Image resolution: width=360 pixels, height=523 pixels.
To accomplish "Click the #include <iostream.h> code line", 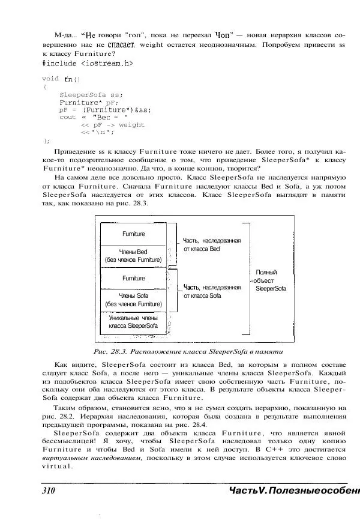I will (x=88, y=62).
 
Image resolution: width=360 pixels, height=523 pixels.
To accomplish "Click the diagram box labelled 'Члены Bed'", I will (x=133, y=255).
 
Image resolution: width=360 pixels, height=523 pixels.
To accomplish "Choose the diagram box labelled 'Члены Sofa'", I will (x=133, y=300).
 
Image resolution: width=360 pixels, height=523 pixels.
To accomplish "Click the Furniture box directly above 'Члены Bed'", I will (x=133, y=233).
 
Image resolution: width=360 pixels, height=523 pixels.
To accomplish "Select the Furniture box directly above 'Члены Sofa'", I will (x=133, y=279).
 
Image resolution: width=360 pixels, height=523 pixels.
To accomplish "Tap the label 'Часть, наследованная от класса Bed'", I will (x=212, y=244).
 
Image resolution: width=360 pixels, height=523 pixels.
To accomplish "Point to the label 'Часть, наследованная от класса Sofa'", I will (x=212, y=291).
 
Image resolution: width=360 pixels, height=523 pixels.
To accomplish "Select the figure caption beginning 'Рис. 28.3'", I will (x=180, y=351).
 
